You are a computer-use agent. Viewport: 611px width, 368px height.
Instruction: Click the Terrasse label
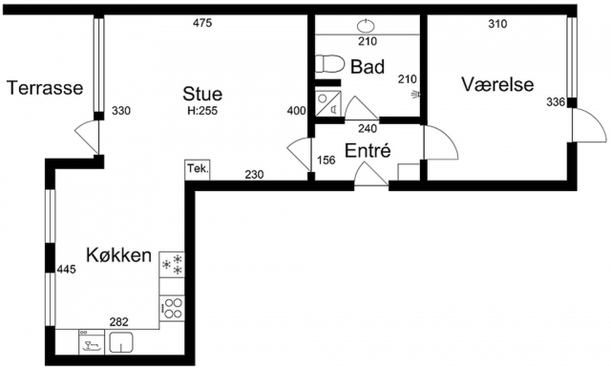pos(45,88)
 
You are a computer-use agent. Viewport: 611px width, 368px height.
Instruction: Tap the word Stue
pos(202,94)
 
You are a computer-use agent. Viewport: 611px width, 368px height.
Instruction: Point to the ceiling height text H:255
pos(202,111)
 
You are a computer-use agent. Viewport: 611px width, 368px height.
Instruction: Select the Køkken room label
pos(118,255)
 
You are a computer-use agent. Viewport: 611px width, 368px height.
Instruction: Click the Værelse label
pos(497,84)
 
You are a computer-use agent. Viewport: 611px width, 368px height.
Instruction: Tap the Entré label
pos(368,150)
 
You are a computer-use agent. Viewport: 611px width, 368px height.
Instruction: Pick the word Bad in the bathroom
pos(368,66)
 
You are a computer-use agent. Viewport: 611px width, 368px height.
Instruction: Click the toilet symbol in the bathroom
pos(329,64)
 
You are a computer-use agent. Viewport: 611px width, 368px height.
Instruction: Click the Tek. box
pos(198,170)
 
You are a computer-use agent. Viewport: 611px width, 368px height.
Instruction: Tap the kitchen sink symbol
pos(121,342)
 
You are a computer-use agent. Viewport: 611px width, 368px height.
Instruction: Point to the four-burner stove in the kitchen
pos(172,308)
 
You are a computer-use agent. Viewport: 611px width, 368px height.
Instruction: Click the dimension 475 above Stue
pos(202,23)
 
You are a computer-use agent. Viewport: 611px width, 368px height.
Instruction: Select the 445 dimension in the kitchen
pos(67,269)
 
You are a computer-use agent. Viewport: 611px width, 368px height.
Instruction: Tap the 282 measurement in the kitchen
pos(118,322)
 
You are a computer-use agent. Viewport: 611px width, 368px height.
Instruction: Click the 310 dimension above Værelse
pos(497,24)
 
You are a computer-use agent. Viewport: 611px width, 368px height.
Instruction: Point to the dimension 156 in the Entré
pos(327,161)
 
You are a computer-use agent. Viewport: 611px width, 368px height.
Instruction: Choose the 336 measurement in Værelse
pos(556,102)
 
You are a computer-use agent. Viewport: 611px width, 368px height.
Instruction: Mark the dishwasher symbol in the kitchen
pos(92,342)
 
